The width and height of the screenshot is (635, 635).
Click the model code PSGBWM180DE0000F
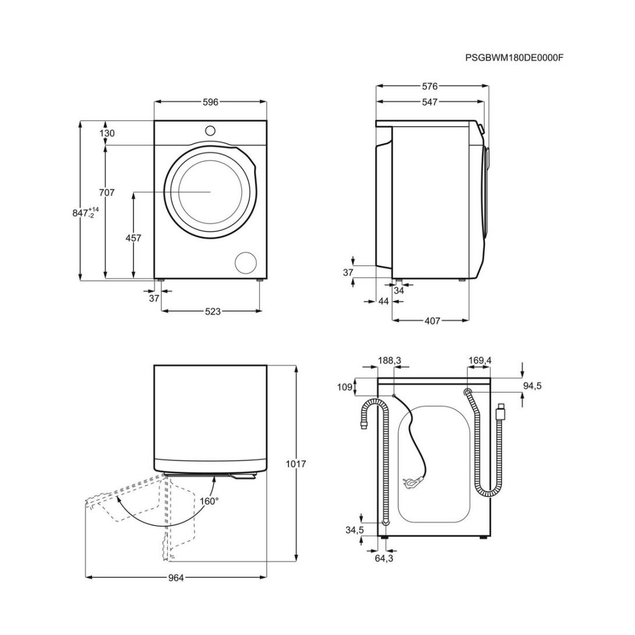514,58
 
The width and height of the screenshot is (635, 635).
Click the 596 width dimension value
210,102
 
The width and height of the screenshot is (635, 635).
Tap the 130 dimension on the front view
107,133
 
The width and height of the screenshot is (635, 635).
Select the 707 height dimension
107,193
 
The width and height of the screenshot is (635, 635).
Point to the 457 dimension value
133,238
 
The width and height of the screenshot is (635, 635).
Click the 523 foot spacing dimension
213,311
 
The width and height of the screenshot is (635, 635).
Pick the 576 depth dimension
430,86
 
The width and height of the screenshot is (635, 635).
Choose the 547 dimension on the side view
430,102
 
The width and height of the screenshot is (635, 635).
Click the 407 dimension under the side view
432,321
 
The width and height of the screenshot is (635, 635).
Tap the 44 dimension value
383,301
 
